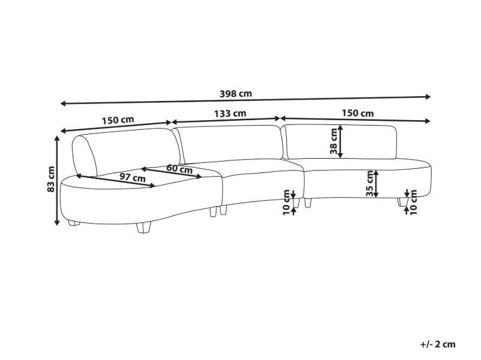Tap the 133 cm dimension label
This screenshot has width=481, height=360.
pos(230,113)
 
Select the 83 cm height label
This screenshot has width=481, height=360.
pos(52,179)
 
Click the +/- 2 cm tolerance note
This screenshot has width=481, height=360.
pos(438,344)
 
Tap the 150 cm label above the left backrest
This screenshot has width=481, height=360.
pos(118,120)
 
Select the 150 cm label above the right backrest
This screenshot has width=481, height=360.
pos(358,113)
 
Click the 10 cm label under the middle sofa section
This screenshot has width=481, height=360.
pos(287,201)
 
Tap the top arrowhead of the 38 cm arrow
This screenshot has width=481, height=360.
pos(341,127)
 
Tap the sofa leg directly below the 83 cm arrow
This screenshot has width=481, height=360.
pos(73,224)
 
